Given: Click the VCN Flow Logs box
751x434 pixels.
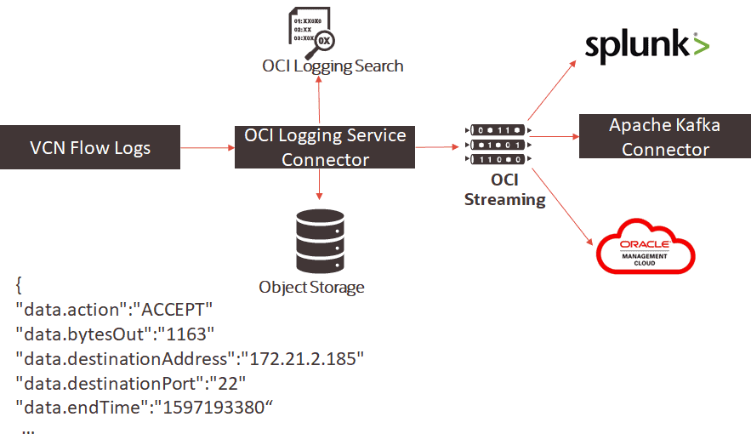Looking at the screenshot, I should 90,148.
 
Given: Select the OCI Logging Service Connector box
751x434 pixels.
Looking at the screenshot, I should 324,147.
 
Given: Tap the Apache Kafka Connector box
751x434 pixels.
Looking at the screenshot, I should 664,137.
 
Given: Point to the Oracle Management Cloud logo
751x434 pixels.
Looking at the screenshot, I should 646,248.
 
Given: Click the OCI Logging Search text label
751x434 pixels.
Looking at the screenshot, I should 333,66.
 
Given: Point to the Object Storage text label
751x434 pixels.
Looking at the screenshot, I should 311,287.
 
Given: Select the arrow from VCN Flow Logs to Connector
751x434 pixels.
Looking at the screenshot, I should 208,148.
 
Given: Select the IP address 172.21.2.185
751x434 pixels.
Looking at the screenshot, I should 303,357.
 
